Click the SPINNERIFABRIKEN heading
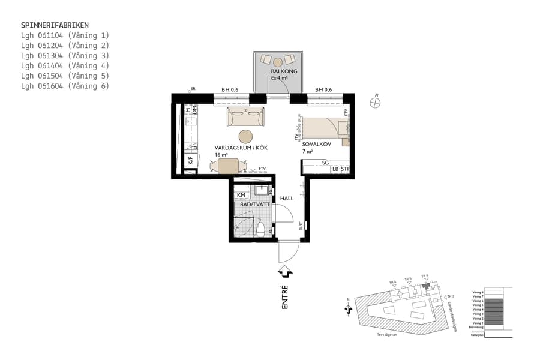click(55, 25)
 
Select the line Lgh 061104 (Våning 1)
click(65, 35)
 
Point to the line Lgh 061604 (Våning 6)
click(65, 86)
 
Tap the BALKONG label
click(281, 71)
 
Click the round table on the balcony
click(278, 62)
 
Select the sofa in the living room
click(245, 117)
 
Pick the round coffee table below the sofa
click(246, 137)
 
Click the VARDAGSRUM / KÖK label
click(241, 148)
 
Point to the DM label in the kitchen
click(194, 110)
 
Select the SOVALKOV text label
click(314, 145)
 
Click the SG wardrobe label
click(325, 163)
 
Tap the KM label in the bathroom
click(241, 195)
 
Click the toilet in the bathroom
click(261, 229)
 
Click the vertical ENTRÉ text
click(285, 297)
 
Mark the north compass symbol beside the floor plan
click(376, 103)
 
